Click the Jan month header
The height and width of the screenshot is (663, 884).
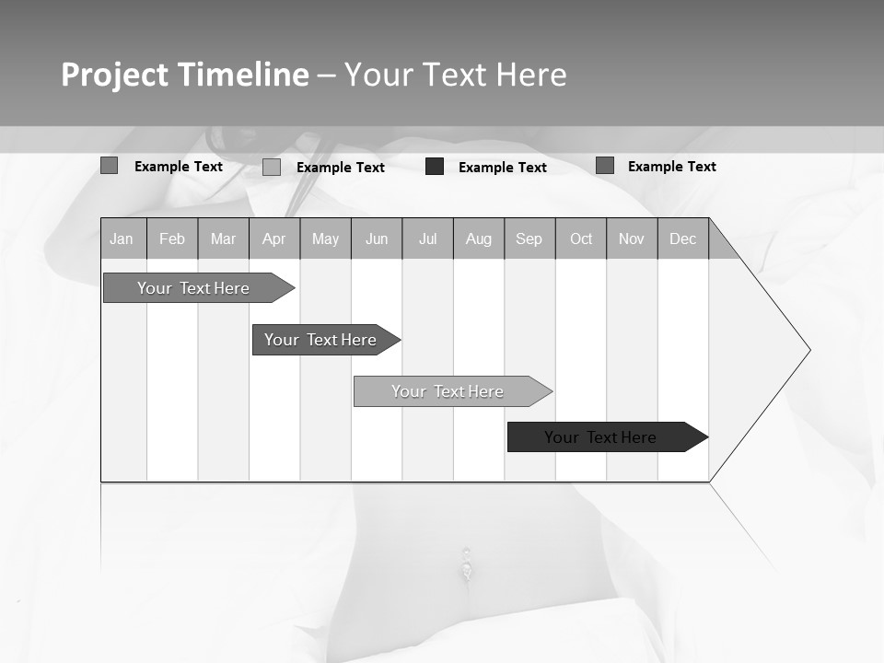coord(122,239)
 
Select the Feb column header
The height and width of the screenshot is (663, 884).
coord(172,239)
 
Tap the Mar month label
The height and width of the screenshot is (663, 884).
coord(223,239)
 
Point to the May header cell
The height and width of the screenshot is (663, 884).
coord(325,239)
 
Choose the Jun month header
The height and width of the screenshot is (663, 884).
coord(377,239)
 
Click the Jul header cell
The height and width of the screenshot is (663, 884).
coord(427,239)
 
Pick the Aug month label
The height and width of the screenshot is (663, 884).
coord(479,239)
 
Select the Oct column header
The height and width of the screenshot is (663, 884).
coord(581,239)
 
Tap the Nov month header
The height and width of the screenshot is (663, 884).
coord(632,239)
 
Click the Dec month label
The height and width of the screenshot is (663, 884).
coord(683,239)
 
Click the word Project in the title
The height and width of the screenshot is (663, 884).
coord(115,76)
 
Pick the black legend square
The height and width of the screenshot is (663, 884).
coord(435,167)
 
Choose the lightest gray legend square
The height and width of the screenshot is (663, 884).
coord(272,167)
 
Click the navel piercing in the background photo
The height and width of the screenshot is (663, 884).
coord(467,564)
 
